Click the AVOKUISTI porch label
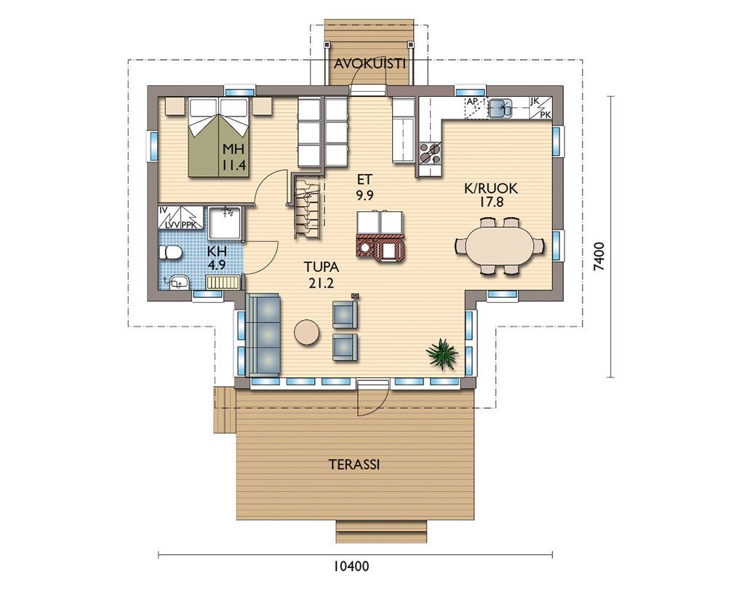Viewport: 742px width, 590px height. pyautogui.click(x=370, y=64)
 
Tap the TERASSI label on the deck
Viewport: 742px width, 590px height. pyautogui.click(x=354, y=465)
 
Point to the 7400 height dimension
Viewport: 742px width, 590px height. pyautogui.click(x=599, y=256)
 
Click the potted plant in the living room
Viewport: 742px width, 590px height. pyautogui.click(x=442, y=354)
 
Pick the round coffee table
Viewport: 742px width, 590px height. pyautogui.click(x=307, y=331)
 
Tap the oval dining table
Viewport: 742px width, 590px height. pyautogui.click(x=499, y=246)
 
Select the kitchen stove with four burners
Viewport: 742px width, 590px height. pyautogui.click(x=430, y=153)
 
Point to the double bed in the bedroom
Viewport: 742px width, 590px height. pyautogui.click(x=219, y=138)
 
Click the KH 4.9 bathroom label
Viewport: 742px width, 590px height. pyautogui.click(x=217, y=258)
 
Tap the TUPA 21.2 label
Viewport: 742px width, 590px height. pyautogui.click(x=322, y=275)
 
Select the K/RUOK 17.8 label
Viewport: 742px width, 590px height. pyautogui.click(x=491, y=195)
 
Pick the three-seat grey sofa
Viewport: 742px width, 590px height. pyautogui.click(x=263, y=334)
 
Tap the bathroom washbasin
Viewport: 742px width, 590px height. pyautogui.click(x=177, y=283)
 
